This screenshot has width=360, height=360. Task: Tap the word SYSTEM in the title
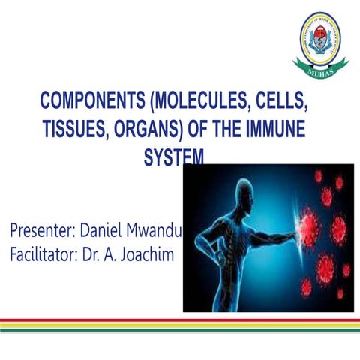click(x=173, y=157)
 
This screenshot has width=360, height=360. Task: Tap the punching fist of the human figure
click(x=289, y=228)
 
